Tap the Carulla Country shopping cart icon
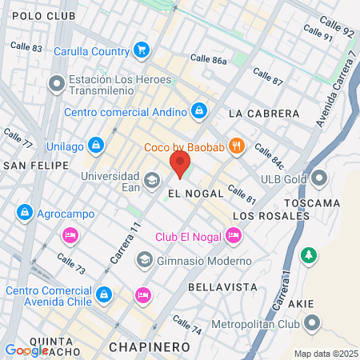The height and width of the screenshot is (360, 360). [142, 50]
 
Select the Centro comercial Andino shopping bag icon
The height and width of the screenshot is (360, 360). [199, 110]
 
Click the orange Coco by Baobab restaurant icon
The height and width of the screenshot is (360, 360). [235, 146]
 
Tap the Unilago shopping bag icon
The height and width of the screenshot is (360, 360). [96, 146]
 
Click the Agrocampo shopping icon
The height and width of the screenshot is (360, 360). [24, 213]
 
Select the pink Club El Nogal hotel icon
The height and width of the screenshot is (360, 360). [233, 235]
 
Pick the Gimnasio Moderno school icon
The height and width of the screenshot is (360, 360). [144, 260]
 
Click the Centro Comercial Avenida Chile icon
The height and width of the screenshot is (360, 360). [102, 295]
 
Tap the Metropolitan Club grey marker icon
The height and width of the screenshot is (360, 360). [310, 324]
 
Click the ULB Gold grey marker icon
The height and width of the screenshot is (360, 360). [321, 178]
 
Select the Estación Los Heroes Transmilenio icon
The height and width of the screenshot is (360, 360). [57, 83]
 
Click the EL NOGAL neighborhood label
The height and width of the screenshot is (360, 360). [190, 194]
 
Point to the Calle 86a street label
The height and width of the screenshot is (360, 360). [209, 59]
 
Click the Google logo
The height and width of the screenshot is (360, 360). [26, 350]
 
